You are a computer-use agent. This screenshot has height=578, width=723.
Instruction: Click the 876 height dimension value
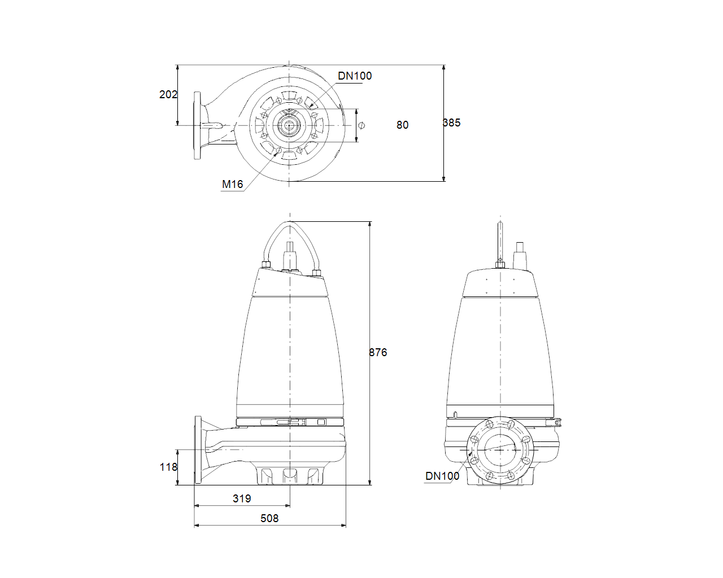coord(378,352)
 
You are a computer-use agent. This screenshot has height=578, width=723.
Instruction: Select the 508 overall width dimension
coord(269,518)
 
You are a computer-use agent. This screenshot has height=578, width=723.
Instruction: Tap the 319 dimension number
coord(242,498)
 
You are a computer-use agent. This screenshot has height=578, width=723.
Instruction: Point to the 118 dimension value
coord(168,467)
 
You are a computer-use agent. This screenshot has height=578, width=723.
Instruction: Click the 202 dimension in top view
coord(168,94)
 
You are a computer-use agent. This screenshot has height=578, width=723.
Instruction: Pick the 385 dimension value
coord(452,122)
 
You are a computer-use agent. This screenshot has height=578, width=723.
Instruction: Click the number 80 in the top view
coord(402,125)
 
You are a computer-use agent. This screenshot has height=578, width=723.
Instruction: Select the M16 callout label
coord(232,184)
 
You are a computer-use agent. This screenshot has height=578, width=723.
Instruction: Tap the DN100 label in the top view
coord(355,76)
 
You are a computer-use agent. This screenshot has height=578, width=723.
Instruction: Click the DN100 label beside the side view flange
coord(442,476)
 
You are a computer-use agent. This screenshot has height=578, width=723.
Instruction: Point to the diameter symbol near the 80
coord(361,125)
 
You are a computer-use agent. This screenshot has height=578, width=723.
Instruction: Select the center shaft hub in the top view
coord(289,125)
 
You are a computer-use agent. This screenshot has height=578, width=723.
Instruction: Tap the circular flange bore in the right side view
coord(500,449)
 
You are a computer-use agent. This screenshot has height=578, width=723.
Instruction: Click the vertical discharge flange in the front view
coord(198,450)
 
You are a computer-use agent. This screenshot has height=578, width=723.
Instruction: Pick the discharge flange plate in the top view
coord(197,125)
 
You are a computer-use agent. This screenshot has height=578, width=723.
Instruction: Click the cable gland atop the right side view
coord(519,257)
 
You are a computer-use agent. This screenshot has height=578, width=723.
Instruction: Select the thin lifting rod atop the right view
coord(500,240)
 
